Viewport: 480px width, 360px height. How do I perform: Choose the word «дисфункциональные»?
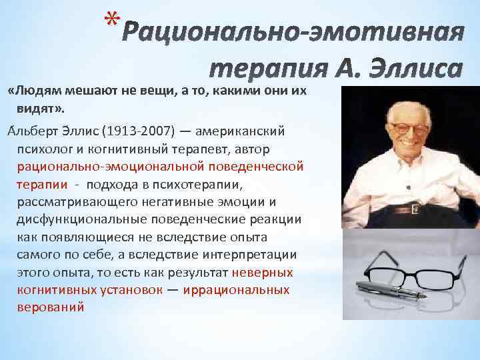73,219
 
